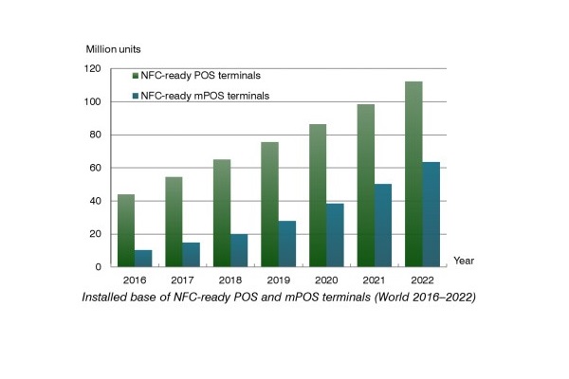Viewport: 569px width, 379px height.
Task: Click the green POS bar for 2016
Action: pos(126,230)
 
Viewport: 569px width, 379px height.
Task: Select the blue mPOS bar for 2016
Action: pos(142,258)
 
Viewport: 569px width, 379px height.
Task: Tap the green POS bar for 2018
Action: pos(221,213)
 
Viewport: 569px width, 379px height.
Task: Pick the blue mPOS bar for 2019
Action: pos(286,244)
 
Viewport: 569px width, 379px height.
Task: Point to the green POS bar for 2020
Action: pos(317,195)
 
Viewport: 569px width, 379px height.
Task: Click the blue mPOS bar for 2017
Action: pos(191,254)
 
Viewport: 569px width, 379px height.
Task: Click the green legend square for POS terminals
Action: pos(136,75)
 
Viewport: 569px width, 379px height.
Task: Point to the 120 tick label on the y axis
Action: pos(92,68)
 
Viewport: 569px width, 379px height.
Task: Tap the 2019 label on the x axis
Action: pos(278,281)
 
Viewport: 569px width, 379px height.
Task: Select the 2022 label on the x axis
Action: pos(422,281)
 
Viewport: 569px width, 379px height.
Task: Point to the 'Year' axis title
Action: pos(464,259)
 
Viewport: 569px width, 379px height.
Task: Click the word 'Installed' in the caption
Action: pos(107,298)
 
